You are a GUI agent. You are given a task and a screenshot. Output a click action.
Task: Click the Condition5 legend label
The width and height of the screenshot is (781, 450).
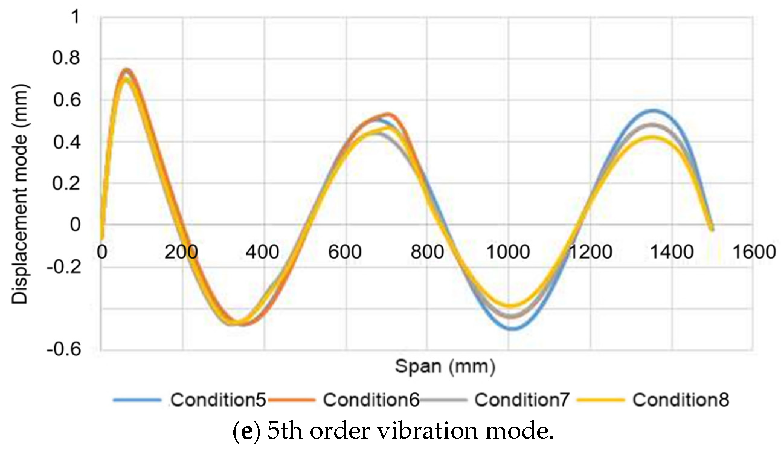(x=218, y=400)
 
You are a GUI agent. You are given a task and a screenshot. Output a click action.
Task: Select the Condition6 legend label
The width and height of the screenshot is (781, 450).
(x=371, y=400)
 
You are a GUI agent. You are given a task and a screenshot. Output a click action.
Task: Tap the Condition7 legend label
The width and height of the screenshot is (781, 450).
(x=522, y=400)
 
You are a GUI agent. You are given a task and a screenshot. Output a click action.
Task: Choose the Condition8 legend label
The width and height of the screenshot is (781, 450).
(x=680, y=400)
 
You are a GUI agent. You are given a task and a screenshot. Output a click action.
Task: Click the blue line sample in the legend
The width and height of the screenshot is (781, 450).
(x=137, y=400)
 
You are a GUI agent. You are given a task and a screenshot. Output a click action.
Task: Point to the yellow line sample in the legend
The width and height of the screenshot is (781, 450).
(x=600, y=400)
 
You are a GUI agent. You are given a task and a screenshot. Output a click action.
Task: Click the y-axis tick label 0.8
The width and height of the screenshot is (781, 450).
(x=66, y=58)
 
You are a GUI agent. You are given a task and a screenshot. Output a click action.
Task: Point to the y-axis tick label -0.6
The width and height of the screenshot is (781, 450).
(x=64, y=349)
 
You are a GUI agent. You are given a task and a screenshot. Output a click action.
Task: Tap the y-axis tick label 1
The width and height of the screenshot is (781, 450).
(x=75, y=16)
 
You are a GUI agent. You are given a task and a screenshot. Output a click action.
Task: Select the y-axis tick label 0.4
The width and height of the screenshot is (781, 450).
(x=66, y=142)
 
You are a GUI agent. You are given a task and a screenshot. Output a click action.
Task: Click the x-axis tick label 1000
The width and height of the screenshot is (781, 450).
(x=508, y=252)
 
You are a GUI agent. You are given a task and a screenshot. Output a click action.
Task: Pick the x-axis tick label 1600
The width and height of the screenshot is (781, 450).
(x=754, y=252)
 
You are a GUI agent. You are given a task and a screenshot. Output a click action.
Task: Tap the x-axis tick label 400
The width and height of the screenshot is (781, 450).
(x=262, y=252)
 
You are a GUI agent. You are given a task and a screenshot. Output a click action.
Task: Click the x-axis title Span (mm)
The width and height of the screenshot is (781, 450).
(x=445, y=367)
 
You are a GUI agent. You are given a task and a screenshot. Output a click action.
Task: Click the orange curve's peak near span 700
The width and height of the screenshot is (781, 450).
(x=388, y=114)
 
